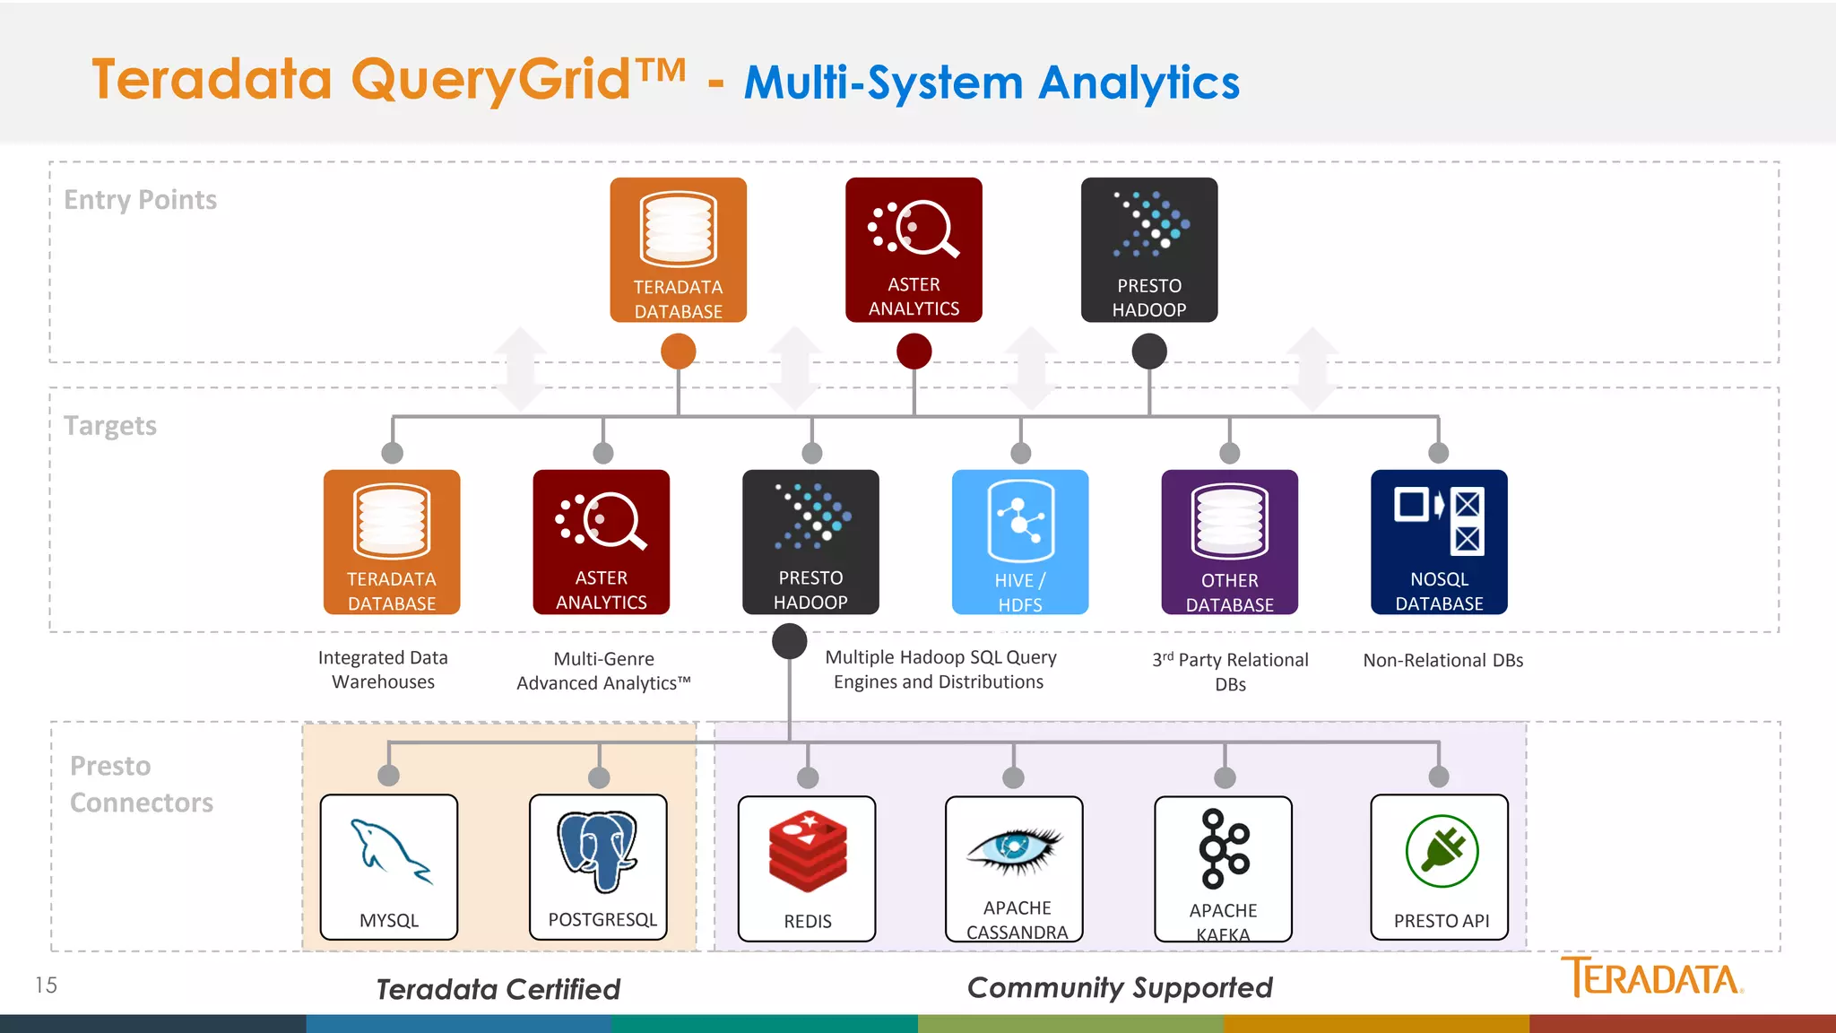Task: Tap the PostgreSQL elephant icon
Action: [x=597, y=851]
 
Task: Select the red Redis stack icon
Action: [x=808, y=852]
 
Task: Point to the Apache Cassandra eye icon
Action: [x=1014, y=848]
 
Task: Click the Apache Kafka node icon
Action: [x=1224, y=848]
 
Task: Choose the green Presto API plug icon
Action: [x=1442, y=851]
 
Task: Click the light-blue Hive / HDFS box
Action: [x=1020, y=542]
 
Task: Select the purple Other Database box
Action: [x=1229, y=542]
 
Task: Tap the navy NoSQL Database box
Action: [x=1439, y=542]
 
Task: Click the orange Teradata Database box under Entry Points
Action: [x=679, y=249]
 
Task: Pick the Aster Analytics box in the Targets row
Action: [x=602, y=542]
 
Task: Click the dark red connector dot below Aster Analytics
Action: [x=914, y=351]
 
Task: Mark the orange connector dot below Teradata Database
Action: [x=679, y=351]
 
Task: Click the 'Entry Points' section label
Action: [x=141, y=200]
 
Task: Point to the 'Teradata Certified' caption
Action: [x=498, y=989]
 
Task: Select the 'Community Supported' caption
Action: [x=1120, y=987]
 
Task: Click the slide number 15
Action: [x=47, y=985]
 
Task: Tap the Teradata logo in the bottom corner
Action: [x=1651, y=977]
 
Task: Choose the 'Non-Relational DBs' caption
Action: [x=1443, y=661]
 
